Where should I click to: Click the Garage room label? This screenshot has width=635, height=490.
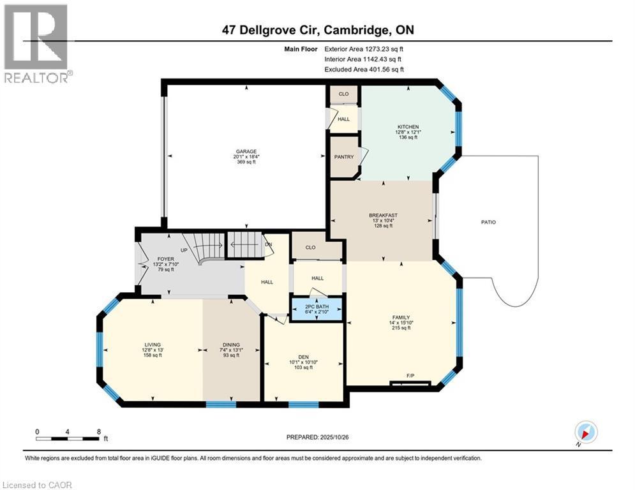pyautogui.click(x=246, y=152)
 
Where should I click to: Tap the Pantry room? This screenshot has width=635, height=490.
pyautogui.click(x=344, y=156)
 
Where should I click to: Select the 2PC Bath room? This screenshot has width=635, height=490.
pyautogui.click(x=317, y=308)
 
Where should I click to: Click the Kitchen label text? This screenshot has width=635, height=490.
pyautogui.click(x=407, y=127)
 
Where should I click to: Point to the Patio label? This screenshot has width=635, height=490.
pyautogui.click(x=489, y=222)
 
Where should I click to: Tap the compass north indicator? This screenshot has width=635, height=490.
pyautogui.click(x=585, y=433)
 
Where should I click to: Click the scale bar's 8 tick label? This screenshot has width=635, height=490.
pyautogui.click(x=98, y=431)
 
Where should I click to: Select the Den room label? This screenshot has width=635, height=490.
pyautogui.click(x=303, y=357)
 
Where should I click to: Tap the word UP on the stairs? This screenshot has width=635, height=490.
pyautogui.click(x=184, y=250)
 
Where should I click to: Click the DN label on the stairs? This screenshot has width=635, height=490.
pyautogui.click(x=269, y=244)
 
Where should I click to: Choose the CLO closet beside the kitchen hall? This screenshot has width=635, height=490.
pyautogui.click(x=343, y=94)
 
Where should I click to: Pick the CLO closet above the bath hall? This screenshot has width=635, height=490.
pyautogui.click(x=311, y=247)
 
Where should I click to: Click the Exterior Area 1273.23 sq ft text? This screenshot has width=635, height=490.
pyautogui.click(x=364, y=48)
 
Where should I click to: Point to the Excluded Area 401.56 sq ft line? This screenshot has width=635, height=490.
pyautogui.click(x=364, y=70)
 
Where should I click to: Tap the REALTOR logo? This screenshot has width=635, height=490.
pyautogui.click(x=36, y=43)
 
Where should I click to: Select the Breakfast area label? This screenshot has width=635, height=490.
pyautogui.click(x=383, y=216)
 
